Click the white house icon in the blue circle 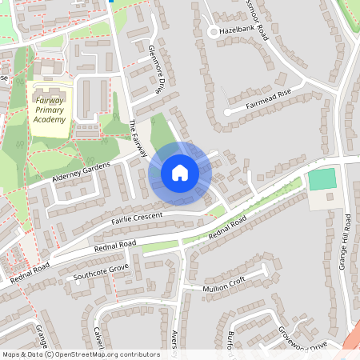[180, 172]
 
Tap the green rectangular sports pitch [322, 179]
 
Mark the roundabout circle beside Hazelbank [213, 32]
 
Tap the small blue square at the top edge [111, 2]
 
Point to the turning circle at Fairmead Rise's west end [227, 112]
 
